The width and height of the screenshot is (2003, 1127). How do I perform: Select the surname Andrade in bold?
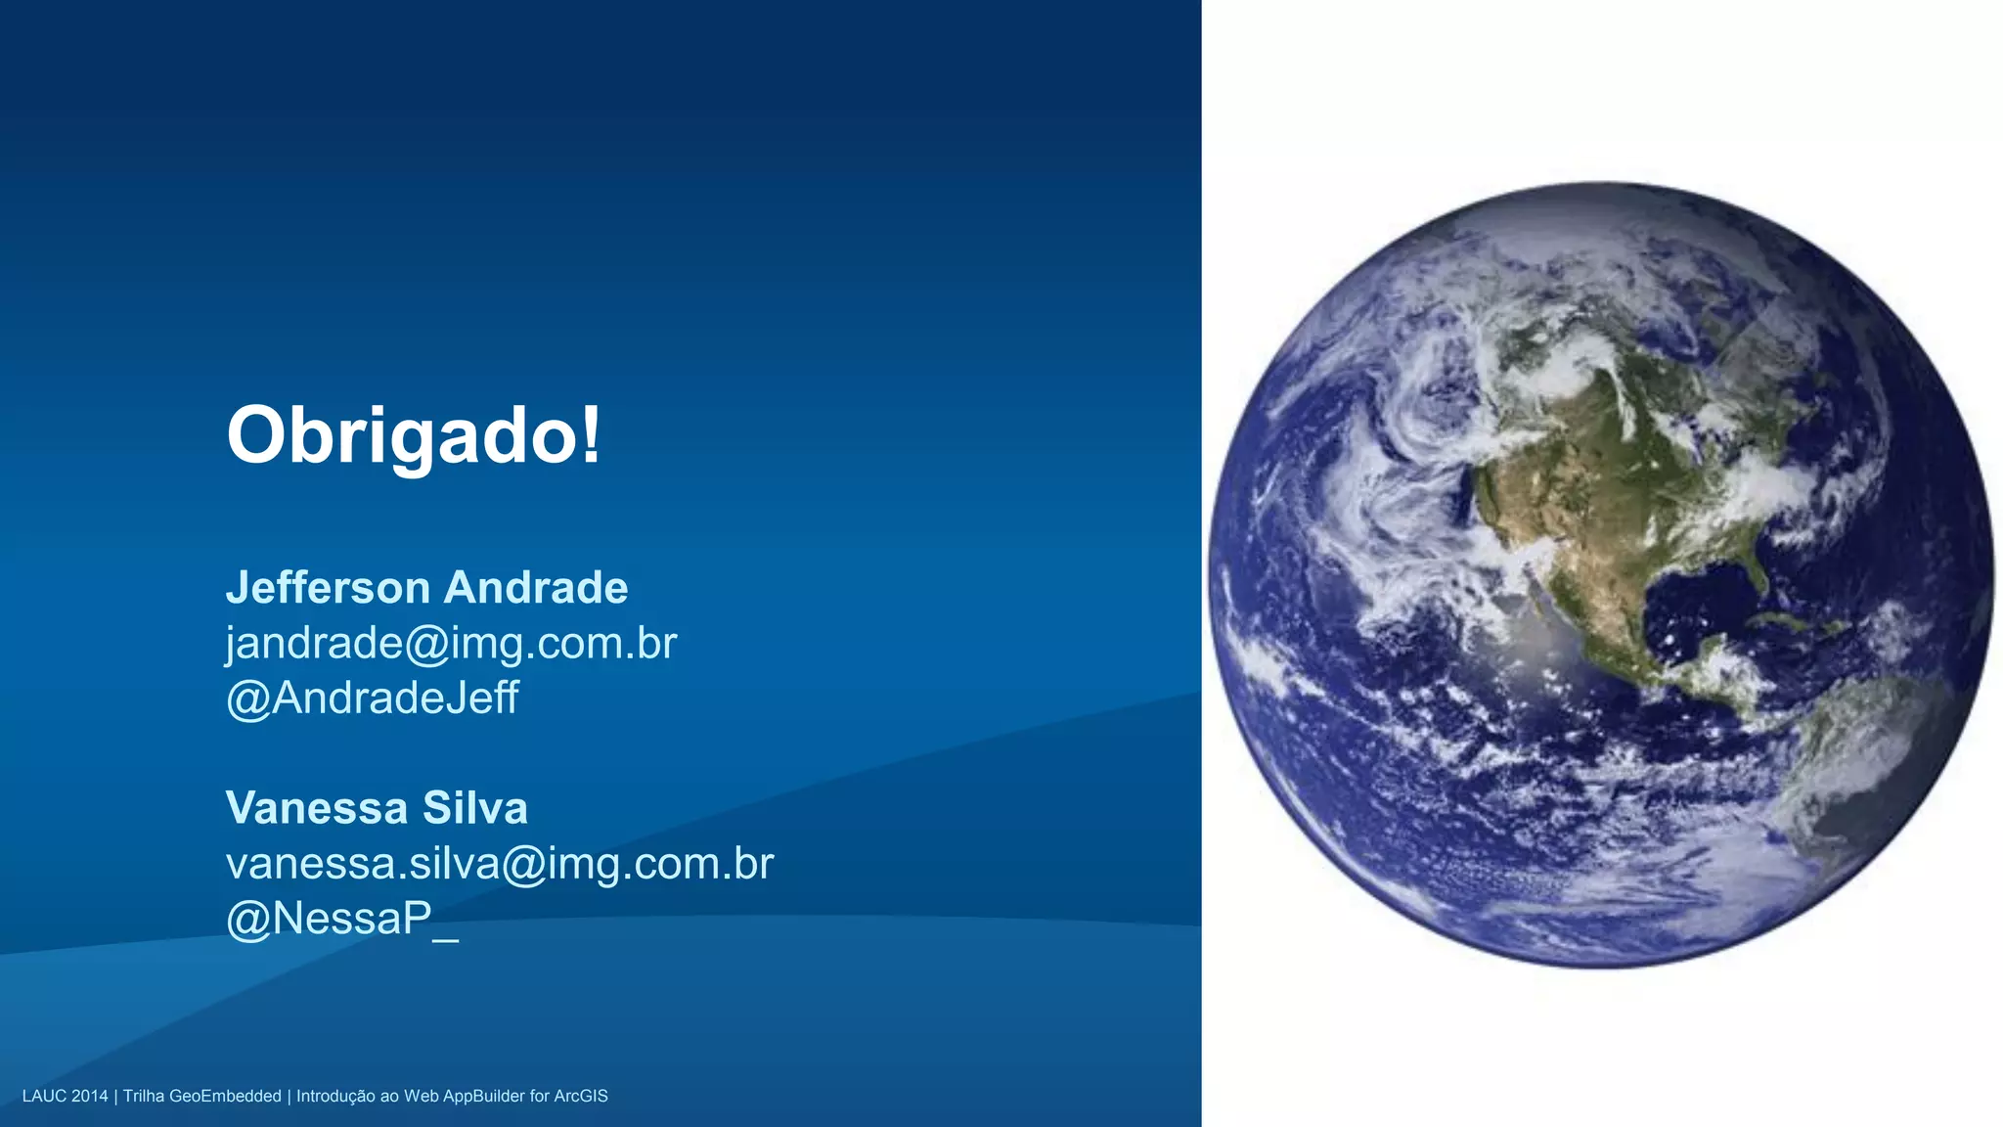536,588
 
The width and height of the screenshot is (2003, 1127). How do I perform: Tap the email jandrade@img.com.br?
451,644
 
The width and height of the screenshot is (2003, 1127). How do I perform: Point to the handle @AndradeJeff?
372,699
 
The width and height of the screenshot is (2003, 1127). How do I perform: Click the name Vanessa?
316,808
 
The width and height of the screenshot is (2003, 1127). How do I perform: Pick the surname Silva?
475,808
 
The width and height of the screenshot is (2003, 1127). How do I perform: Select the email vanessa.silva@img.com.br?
499,864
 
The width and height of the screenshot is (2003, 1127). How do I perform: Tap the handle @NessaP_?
341,919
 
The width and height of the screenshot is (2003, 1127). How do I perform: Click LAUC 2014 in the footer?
65,1096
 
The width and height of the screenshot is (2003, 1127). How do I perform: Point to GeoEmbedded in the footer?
225,1096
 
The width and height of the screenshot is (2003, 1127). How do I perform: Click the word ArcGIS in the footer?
581,1096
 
